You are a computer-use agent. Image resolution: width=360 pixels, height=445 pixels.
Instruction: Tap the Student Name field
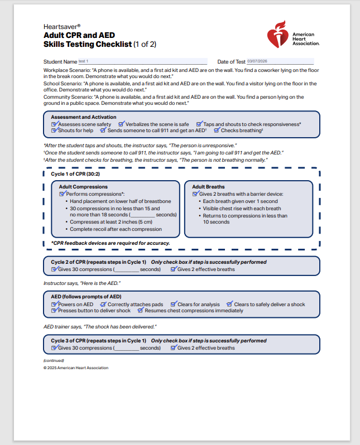coord(142,61)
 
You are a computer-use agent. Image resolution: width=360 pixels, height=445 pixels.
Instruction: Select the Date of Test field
coord(280,61)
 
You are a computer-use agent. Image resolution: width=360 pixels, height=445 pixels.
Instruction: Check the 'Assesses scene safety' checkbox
coord(54,124)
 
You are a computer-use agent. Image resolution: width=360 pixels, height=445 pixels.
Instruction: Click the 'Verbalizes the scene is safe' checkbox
coord(122,124)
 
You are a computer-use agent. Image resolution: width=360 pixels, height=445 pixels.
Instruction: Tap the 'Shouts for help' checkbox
coord(54,130)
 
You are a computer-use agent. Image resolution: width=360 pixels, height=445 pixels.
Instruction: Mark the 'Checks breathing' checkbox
coord(217,130)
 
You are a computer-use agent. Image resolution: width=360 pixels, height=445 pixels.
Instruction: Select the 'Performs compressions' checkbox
coord(63,194)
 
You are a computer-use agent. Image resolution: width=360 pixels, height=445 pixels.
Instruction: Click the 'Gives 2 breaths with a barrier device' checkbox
coord(195,194)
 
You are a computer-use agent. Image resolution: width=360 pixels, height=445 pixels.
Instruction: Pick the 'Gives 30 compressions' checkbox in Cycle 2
coord(54,269)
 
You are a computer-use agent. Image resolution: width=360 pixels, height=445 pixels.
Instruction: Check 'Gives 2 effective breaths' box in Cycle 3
coord(174,348)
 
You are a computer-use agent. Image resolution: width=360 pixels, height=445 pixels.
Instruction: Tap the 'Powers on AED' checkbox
coord(54,304)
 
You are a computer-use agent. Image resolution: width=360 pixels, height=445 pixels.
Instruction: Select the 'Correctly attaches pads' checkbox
coord(103,304)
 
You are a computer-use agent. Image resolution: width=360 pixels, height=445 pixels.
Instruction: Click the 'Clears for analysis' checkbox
coord(174,304)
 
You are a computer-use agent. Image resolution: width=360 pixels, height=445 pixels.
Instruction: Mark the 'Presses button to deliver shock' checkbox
coord(54,311)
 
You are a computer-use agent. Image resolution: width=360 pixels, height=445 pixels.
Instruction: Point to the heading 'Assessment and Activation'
coord(84,117)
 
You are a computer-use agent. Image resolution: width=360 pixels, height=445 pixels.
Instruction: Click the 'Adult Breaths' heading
coord(208,187)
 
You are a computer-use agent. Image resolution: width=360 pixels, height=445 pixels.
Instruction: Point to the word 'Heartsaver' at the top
coord(61,26)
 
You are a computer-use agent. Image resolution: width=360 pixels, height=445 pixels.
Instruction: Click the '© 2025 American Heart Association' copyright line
coord(76,368)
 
